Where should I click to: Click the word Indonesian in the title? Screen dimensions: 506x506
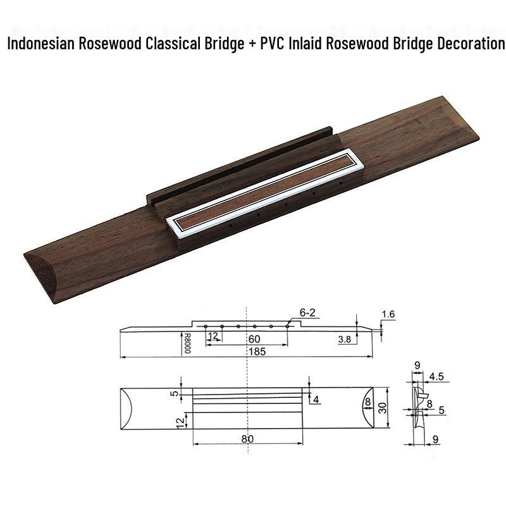(41, 43)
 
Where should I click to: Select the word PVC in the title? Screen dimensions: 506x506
(272, 43)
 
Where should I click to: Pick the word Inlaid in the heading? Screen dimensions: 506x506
(305, 43)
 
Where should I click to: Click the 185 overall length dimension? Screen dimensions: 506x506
(257, 352)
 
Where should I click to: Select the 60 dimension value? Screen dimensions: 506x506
(254, 339)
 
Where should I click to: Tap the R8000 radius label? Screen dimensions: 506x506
(187, 343)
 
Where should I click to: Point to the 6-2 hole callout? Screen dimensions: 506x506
(307, 312)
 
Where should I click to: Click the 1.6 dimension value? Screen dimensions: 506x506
(388, 314)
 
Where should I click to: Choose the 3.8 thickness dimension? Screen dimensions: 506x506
(345, 339)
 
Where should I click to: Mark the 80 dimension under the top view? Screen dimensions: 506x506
(247, 439)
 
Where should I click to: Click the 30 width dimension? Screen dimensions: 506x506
(383, 408)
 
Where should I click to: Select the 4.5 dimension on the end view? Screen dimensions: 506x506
(436, 376)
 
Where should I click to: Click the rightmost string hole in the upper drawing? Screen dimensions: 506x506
(287, 326)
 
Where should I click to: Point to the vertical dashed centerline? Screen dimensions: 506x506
(247, 380)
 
